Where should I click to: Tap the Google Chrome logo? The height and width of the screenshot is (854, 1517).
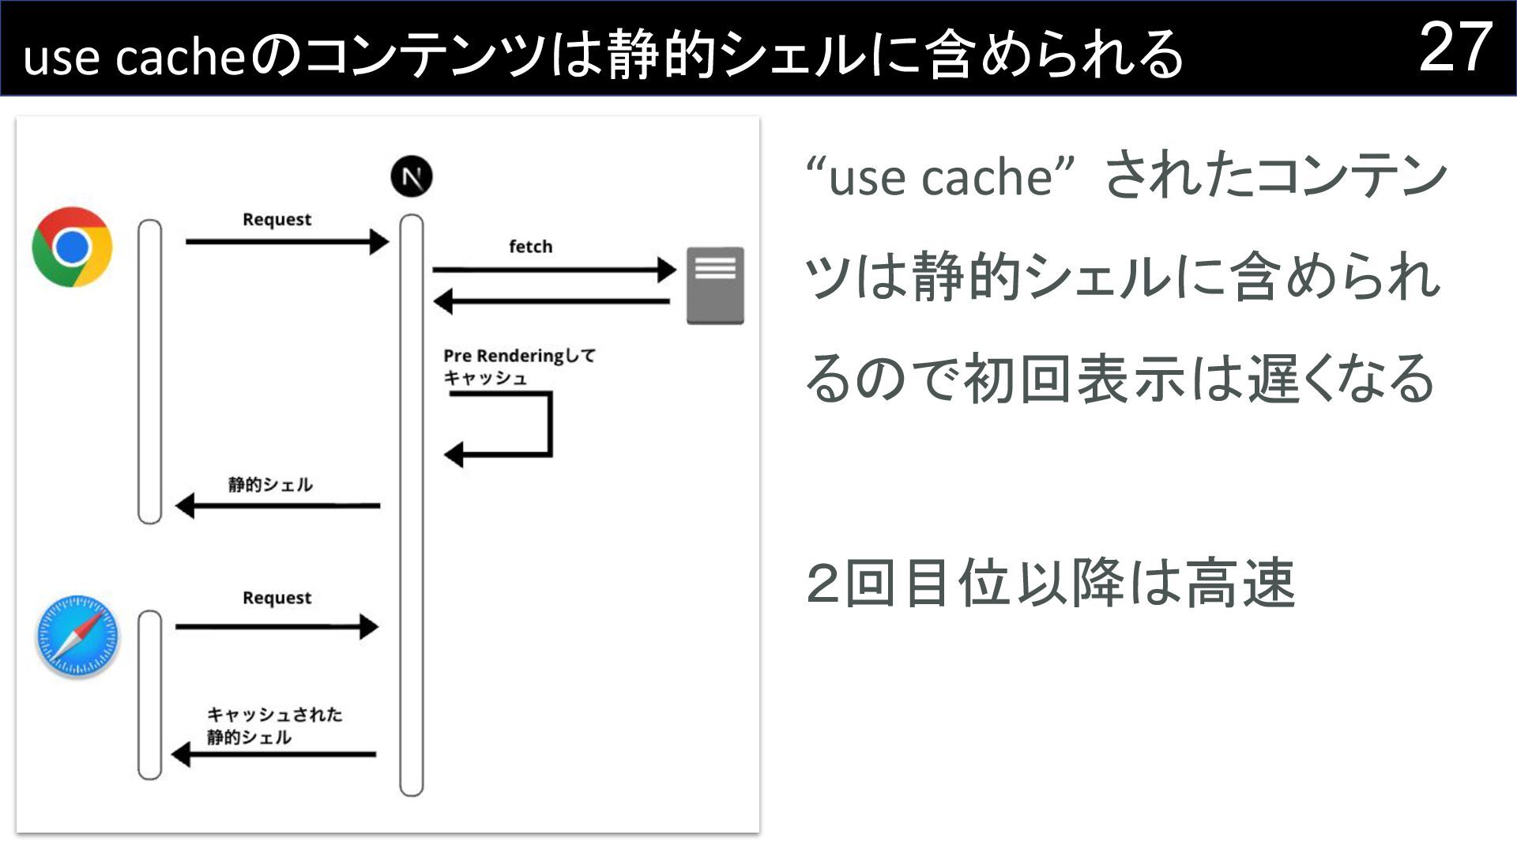coord(72,247)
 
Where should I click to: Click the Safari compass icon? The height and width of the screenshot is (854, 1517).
coord(77,637)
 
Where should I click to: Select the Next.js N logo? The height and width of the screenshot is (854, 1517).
coord(412,176)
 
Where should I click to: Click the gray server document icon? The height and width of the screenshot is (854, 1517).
coord(715,285)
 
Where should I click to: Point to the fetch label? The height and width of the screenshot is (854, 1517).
coord(530,247)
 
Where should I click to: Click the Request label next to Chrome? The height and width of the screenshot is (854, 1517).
coord(277,220)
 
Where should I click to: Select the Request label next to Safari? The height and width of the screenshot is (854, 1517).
coord(277,598)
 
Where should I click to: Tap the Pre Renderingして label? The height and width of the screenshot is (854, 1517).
coord(518,356)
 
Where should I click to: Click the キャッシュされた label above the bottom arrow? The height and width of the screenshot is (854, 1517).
coord(274,715)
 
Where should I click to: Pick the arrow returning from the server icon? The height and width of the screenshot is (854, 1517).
coord(552,301)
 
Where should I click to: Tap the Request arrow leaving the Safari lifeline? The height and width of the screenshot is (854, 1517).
coord(277,627)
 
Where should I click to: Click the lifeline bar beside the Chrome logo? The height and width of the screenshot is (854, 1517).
coord(149,372)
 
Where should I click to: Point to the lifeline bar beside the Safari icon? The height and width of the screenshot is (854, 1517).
coord(149,694)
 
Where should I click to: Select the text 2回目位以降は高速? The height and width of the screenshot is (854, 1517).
coord(1050,584)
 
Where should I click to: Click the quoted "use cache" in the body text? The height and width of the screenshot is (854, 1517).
coord(940,176)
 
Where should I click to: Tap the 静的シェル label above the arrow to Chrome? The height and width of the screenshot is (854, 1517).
coord(270,485)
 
